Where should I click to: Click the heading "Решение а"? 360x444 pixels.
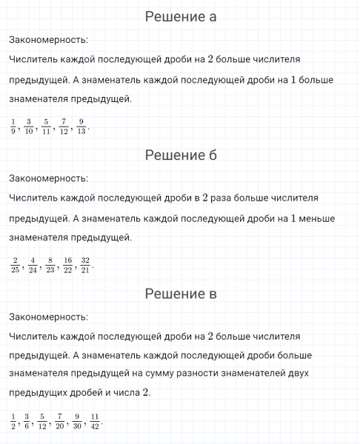(x=180, y=17)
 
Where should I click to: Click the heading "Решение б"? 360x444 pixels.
(x=180, y=155)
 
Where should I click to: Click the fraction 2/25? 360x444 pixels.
(x=15, y=264)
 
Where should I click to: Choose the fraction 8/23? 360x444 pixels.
(x=50, y=264)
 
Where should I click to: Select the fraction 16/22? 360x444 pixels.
(x=67, y=264)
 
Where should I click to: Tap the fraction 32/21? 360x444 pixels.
(x=85, y=264)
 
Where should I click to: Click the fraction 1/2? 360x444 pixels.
(x=13, y=420)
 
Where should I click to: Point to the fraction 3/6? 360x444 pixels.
(x=27, y=420)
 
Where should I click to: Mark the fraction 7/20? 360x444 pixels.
(x=60, y=420)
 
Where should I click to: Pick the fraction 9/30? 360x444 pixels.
(x=77, y=420)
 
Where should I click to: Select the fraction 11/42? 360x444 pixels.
(x=94, y=420)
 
